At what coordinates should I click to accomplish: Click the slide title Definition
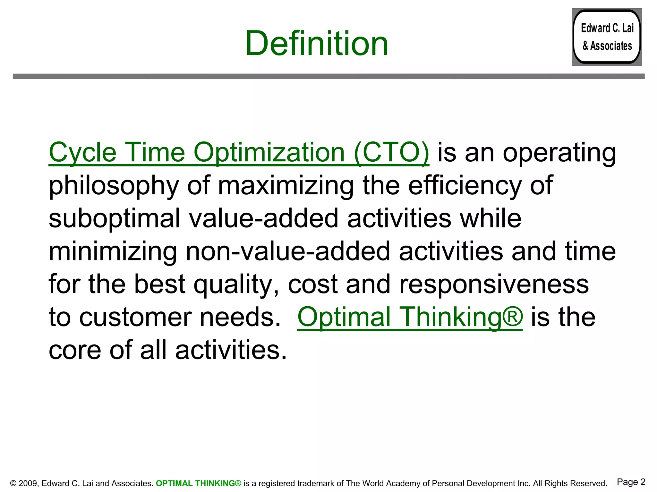click(317, 43)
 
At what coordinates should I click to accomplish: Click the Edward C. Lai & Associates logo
click(607, 37)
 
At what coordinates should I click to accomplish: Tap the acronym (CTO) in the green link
click(391, 152)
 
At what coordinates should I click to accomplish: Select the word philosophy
click(114, 186)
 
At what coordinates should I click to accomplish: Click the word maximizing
click(286, 186)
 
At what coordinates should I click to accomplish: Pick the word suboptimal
click(115, 218)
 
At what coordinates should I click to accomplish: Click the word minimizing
click(113, 251)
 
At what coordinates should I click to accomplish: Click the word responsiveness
click(494, 284)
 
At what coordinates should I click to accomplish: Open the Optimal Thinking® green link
click(410, 317)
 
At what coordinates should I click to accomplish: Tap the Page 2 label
click(631, 482)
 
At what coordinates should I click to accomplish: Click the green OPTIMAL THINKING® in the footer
click(198, 483)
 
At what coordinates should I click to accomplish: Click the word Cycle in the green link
click(82, 152)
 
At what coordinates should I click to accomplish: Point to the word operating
click(559, 153)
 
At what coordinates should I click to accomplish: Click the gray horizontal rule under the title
click(328, 76)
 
